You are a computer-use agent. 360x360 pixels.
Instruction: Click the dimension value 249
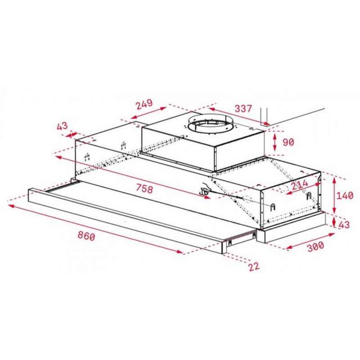tap(144, 104)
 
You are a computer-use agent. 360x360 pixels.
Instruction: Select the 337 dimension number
tap(243, 109)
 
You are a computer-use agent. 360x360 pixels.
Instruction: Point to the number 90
tap(288, 142)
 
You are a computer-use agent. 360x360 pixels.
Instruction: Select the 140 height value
tap(345, 195)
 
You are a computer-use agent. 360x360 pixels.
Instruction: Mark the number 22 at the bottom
tap(254, 266)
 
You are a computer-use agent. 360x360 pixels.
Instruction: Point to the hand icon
tap(205, 189)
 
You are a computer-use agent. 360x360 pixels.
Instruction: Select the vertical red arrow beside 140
tap(334, 195)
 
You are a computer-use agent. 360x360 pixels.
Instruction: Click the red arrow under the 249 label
tap(148, 113)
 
